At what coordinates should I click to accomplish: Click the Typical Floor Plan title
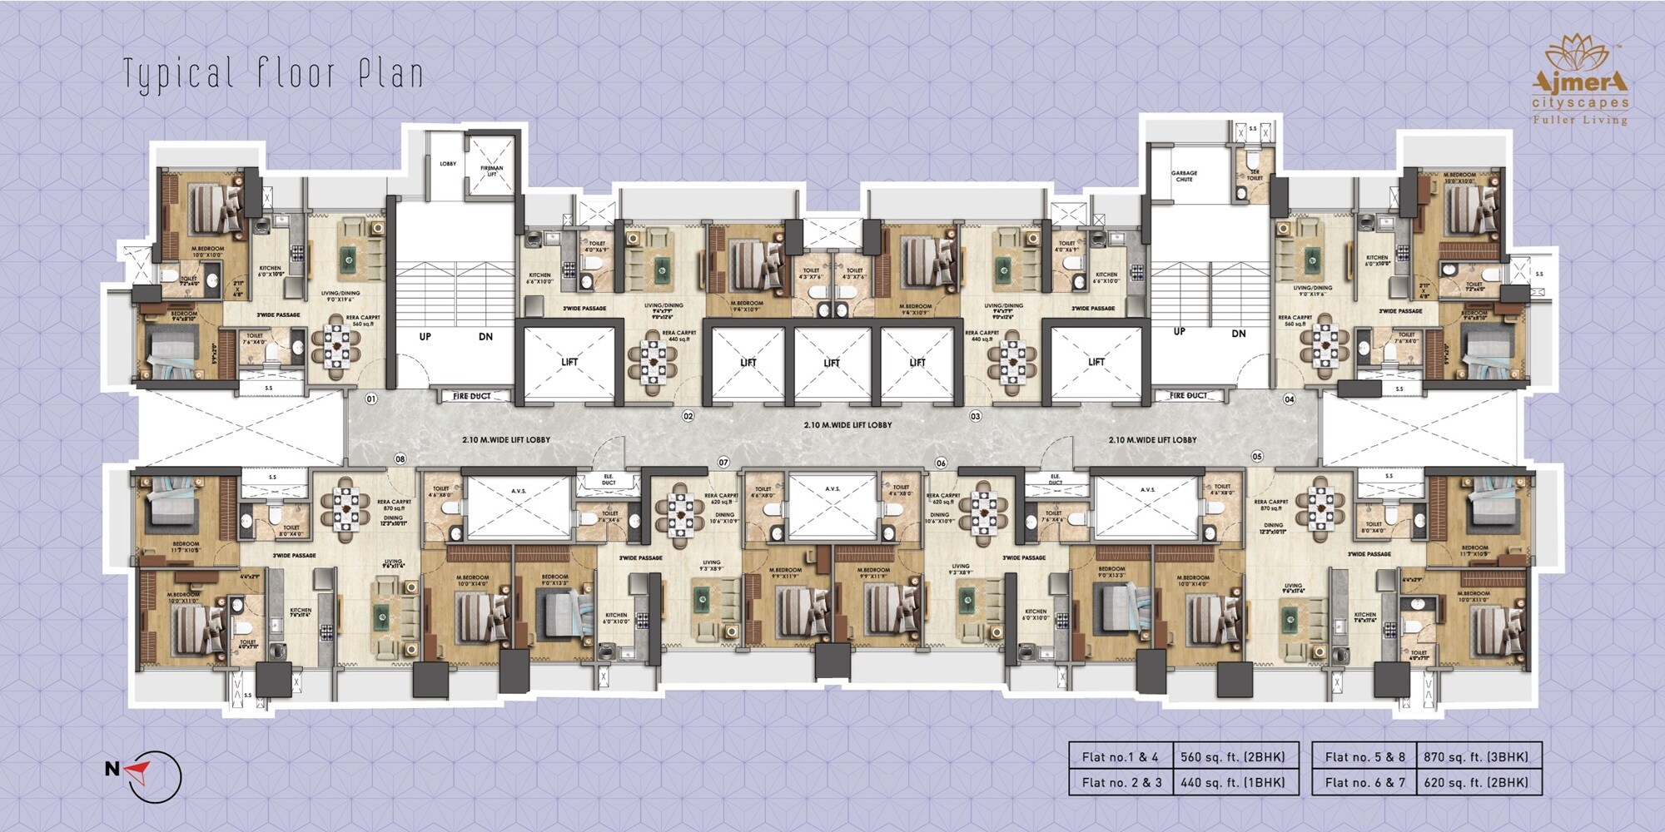click(x=273, y=74)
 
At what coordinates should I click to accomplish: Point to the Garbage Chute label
click(x=1184, y=176)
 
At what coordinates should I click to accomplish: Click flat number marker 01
click(x=371, y=399)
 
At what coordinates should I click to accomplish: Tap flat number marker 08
click(x=400, y=458)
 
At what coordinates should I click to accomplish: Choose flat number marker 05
click(x=1256, y=456)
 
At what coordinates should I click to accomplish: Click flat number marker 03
click(x=976, y=415)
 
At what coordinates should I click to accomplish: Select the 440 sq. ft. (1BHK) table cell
click(x=1233, y=782)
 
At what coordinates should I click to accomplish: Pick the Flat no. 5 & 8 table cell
click(x=1364, y=756)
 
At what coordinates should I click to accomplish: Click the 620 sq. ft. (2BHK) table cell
click(x=1476, y=782)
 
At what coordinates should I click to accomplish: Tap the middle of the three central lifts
click(x=832, y=363)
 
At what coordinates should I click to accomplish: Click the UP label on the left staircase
click(x=425, y=337)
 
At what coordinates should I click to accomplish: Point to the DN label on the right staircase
click(x=1239, y=333)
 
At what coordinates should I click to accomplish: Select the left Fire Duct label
click(x=471, y=396)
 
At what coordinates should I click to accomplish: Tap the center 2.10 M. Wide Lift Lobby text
click(x=847, y=425)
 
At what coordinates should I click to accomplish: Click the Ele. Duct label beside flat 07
click(x=609, y=480)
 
